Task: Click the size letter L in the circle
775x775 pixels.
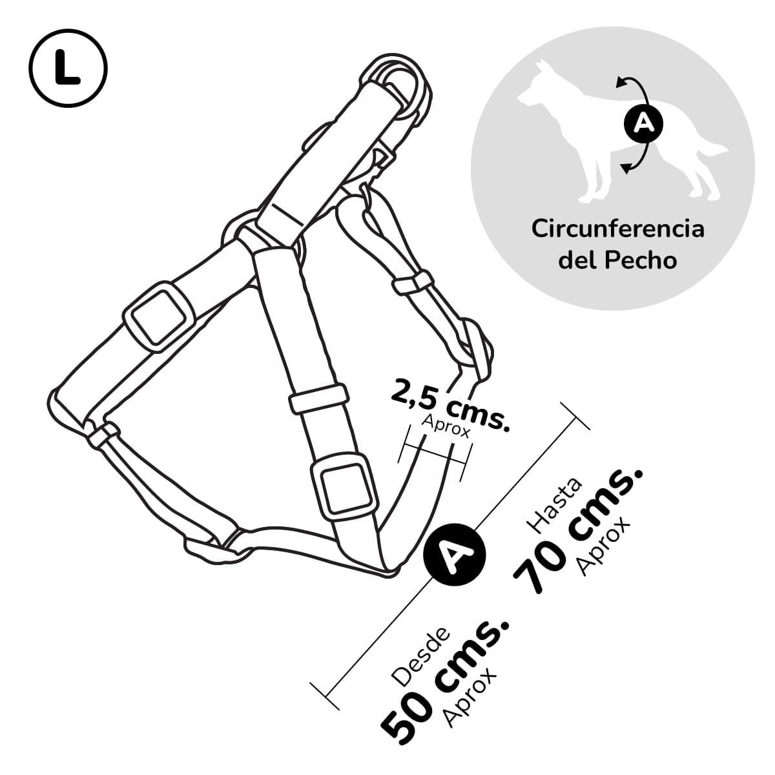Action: (67, 68)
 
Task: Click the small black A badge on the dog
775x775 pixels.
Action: (642, 123)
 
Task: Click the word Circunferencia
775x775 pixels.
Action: (618, 229)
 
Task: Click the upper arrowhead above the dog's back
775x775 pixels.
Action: (621, 83)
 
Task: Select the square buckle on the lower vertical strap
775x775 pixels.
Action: (345, 488)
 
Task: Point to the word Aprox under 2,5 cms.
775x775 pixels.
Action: (446, 426)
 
